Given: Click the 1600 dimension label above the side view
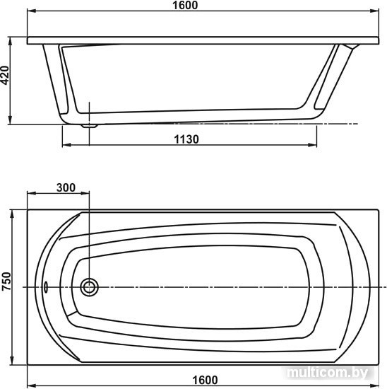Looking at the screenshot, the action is [185, 5].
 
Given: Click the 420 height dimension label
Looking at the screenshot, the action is [5, 75].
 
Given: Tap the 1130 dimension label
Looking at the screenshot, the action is [186, 139].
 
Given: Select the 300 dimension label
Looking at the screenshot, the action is [66, 188].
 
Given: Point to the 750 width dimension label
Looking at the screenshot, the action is [6, 281].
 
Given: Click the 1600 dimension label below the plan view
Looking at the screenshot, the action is [205, 380].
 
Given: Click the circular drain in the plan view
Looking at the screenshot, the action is [89, 287].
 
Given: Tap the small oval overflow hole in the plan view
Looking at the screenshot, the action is [46, 286].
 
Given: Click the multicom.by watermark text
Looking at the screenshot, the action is [328, 372].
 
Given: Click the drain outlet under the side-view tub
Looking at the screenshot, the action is [90, 126].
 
